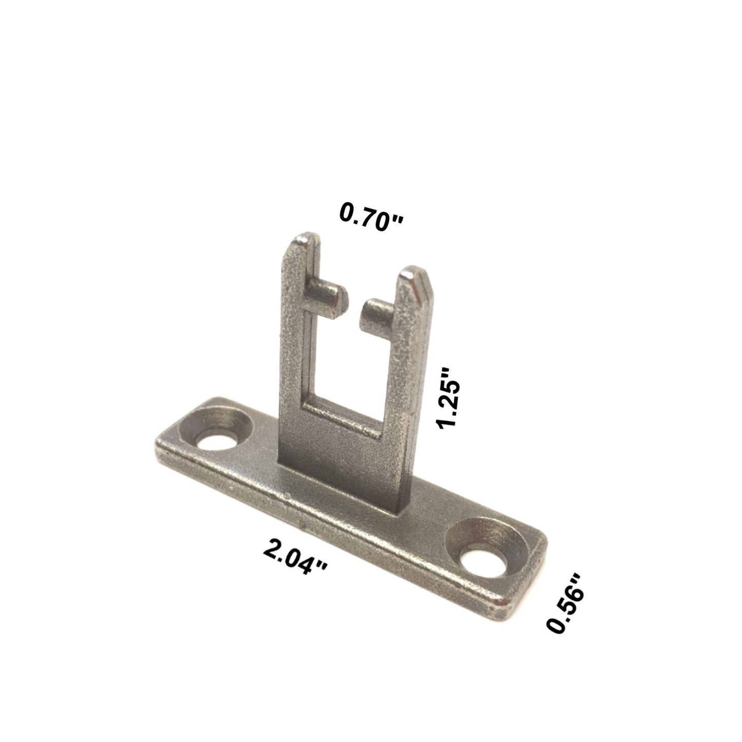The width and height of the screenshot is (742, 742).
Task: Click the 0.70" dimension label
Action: tap(371, 218)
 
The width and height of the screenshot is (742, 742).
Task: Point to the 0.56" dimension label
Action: tap(565, 608)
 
